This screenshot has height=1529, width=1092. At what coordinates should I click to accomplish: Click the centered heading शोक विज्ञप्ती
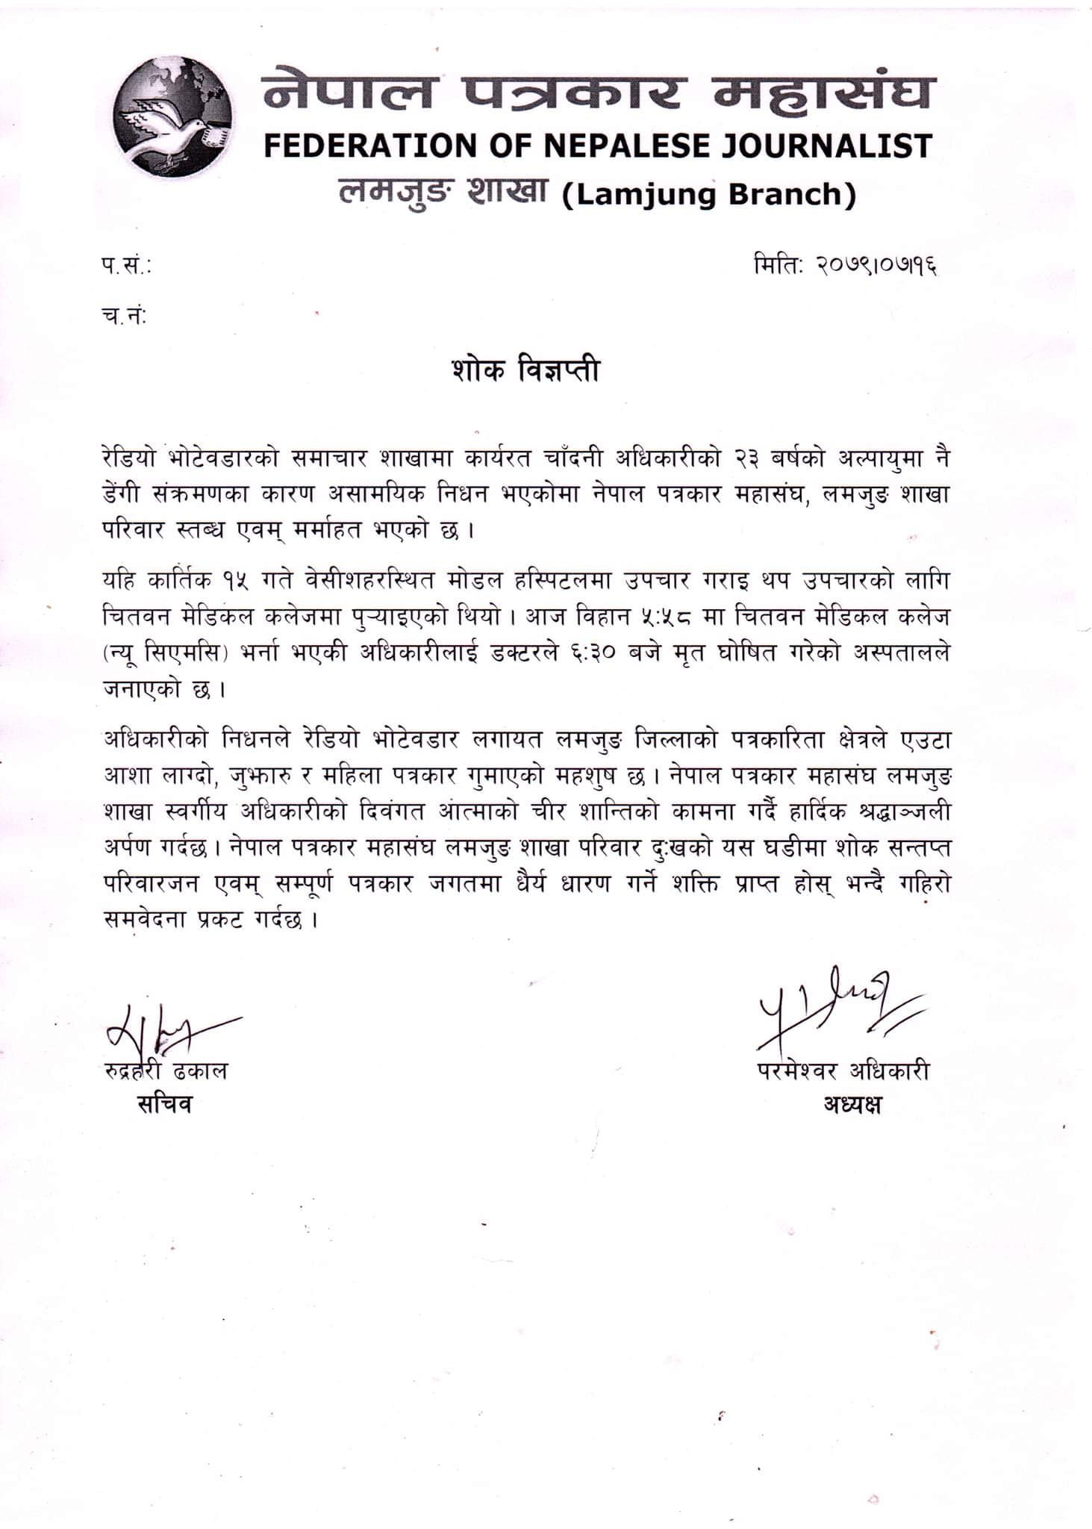[x=525, y=370]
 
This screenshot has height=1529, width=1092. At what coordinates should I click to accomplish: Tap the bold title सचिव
[x=164, y=1103]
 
